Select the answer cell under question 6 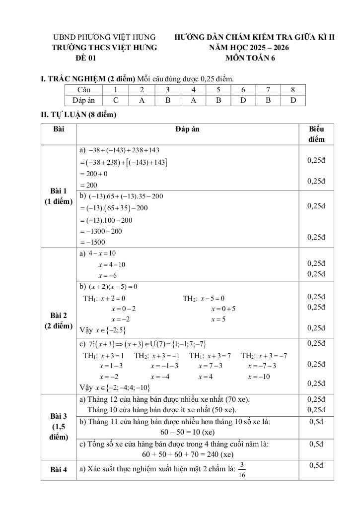click(243, 100)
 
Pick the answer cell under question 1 click(115, 100)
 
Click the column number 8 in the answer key click(293, 90)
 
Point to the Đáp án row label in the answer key click(83, 100)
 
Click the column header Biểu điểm click(316, 134)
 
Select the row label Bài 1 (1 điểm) click(59, 196)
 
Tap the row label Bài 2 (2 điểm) click(59, 320)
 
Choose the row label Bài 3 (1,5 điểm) click(59, 426)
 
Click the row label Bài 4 click(59, 470)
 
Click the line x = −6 click(107, 275)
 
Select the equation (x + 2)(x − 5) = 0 click(113, 287)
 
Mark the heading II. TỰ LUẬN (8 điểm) click(78, 115)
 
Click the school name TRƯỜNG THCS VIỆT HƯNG click(104, 48)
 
